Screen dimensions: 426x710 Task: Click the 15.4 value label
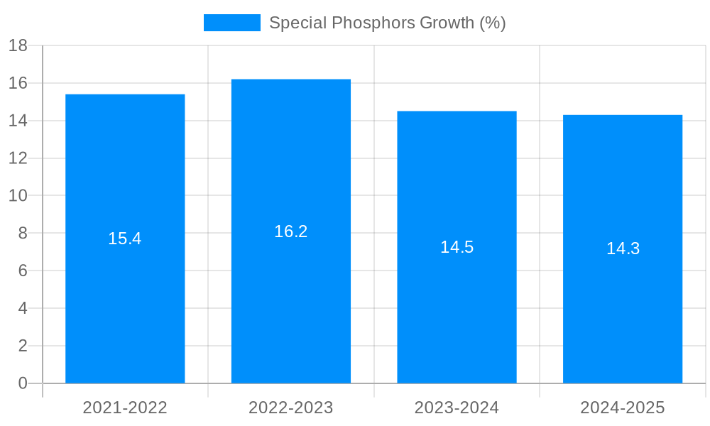[125, 239]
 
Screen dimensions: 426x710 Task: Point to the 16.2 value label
[291, 231]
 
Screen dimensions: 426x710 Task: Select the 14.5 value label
[457, 247]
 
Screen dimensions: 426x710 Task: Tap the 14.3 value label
[623, 248]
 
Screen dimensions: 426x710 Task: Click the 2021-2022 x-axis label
[125, 408]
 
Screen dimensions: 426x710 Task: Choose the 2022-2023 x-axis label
[291, 408]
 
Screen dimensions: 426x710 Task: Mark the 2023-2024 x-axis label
[457, 408]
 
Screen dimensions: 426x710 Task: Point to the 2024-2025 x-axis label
[623, 408]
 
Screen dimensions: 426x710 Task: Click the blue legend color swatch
[231, 23]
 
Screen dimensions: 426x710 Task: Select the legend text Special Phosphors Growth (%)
[387, 23]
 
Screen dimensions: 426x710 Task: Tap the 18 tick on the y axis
[18, 46]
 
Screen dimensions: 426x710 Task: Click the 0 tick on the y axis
[23, 383]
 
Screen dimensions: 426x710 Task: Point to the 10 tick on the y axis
[18, 196]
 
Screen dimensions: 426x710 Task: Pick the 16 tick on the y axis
[18, 83]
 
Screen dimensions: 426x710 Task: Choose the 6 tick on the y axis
[23, 271]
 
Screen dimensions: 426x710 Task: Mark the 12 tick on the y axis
[18, 158]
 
